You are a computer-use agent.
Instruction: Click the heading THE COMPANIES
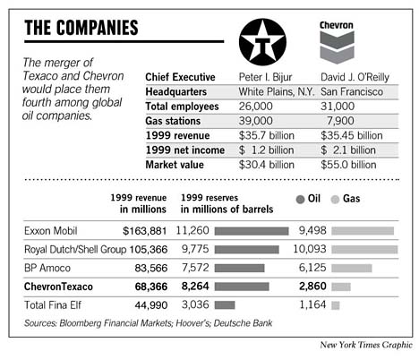pyautogui.click(x=81, y=28)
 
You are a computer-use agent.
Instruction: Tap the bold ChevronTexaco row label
pyautogui.click(x=62, y=287)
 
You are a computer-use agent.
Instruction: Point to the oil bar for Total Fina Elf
pyautogui.click(x=225, y=305)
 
